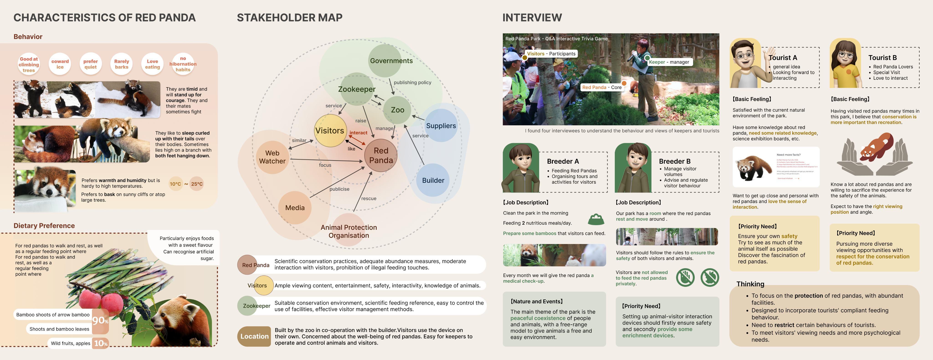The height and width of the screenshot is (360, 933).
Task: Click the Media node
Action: pos(295,208)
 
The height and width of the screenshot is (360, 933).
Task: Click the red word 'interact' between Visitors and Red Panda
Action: pos(358,133)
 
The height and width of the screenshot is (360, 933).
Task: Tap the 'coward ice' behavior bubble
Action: pos(60,64)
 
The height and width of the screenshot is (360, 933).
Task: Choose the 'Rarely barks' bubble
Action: pos(121,64)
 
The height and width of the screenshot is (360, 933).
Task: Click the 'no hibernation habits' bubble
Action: pos(183,64)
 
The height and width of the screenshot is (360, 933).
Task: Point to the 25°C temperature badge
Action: pos(197,184)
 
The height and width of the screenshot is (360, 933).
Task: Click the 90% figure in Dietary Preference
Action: pos(100,321)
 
